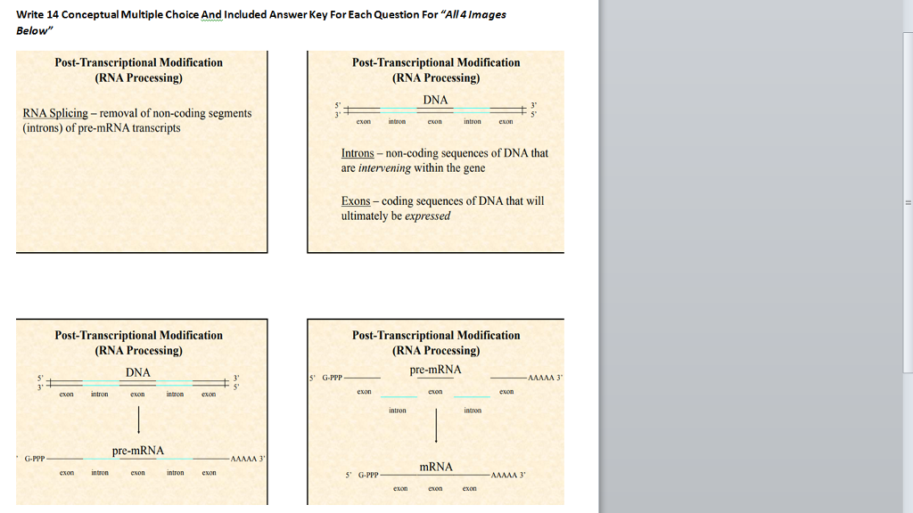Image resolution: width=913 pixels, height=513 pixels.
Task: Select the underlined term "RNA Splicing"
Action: [x=55, y=113]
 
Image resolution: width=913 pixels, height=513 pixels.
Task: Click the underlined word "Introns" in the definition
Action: [x=358, y=153]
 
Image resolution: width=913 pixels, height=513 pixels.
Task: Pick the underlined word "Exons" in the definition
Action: [x=356, y=201]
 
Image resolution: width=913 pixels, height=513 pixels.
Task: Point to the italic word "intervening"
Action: [x=383, y=167]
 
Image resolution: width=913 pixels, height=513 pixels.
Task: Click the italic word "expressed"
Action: [x=428, y=216]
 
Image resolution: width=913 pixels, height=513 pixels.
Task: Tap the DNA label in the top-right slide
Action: [x=435, y=100]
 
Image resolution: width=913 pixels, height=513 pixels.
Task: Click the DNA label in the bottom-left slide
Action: [x=138, y=372]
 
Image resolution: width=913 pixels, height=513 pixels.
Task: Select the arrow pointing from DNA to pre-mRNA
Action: [x=138, y=419]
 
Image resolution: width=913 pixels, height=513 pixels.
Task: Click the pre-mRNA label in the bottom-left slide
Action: [x=138, y=451]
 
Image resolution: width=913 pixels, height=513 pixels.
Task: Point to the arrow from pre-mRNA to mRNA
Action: [x=436, y=425]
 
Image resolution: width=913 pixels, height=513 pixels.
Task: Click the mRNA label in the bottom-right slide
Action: [x=436, y=467]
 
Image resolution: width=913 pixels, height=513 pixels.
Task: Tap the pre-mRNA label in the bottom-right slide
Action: [x=435, y=370]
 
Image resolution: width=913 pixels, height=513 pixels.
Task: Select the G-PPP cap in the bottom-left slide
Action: [x=36, y=460]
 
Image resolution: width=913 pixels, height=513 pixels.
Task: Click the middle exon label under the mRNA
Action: [x=435, y=489]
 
